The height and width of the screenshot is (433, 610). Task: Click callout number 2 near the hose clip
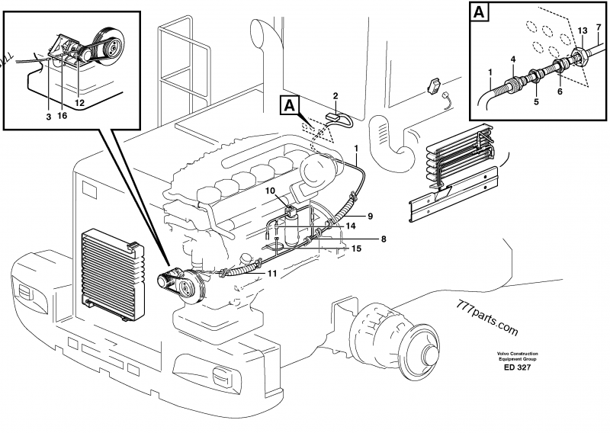coord(335,95)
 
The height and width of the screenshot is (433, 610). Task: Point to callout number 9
coord(369,216)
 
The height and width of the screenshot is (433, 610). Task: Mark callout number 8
coord(384,239)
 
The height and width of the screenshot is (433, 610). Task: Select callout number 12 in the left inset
coord(79,102)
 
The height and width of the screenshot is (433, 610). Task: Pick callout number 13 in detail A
coord(581,30)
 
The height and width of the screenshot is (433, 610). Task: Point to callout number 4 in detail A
coord(512,59)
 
